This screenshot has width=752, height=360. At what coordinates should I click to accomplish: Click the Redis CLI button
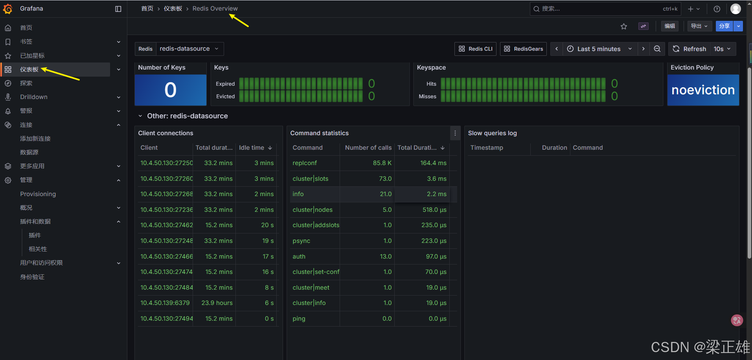pos(475,49)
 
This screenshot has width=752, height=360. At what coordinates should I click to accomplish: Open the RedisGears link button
pos(523,49)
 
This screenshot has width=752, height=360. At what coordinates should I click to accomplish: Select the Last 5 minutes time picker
pos(599,49)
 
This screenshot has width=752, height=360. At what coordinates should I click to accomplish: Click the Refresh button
pos(689,49)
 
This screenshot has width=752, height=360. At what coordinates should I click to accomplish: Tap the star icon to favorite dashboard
pos(624,26)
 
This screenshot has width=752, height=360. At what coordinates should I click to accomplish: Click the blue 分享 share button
pos(724,26)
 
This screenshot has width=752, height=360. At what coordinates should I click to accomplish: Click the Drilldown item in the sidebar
pos(34,97)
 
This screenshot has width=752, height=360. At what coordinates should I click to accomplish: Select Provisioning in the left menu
pos(38,194)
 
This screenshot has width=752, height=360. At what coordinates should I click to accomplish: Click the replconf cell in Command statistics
pos(305,163)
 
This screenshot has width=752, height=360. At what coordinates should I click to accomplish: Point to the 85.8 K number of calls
pos(382,163)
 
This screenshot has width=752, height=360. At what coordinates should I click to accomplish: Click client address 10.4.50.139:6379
pos(165,303)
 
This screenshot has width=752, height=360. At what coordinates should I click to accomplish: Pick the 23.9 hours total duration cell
pos(217,303)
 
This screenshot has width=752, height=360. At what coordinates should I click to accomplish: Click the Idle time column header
pos(252,148)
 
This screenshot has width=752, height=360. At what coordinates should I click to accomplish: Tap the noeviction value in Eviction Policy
pos(703,90)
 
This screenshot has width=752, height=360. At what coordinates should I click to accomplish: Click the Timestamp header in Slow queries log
pos(487,148)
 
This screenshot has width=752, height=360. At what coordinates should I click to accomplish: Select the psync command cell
pos(302,241)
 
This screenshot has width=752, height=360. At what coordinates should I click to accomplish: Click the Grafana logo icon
pos(8,9)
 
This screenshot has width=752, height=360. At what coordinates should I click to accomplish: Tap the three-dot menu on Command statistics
pos(455,133)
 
